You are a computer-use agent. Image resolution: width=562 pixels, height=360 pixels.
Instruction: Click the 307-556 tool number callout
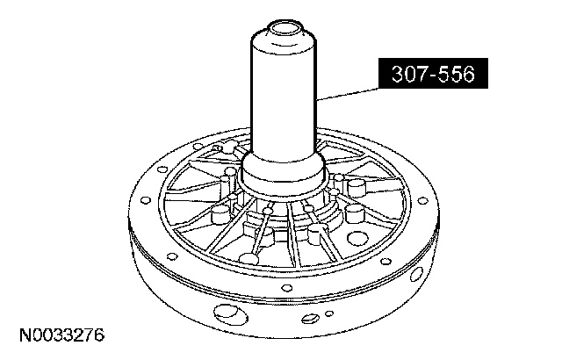pos(433,73)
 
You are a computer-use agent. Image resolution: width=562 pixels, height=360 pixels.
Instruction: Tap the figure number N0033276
pos(61,335)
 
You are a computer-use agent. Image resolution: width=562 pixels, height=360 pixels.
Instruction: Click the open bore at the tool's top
pos(283,27)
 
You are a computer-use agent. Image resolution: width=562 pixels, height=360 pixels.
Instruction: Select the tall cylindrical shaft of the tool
pos(283,93)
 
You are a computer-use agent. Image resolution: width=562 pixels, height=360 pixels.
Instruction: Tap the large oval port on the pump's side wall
pos(230,313)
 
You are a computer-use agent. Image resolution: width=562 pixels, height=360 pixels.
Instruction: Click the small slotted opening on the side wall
pos(310,318)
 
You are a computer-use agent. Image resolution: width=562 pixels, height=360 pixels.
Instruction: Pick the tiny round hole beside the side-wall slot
pos(329,313)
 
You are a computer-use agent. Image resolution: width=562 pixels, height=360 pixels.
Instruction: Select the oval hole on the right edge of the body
pos(415,275)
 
